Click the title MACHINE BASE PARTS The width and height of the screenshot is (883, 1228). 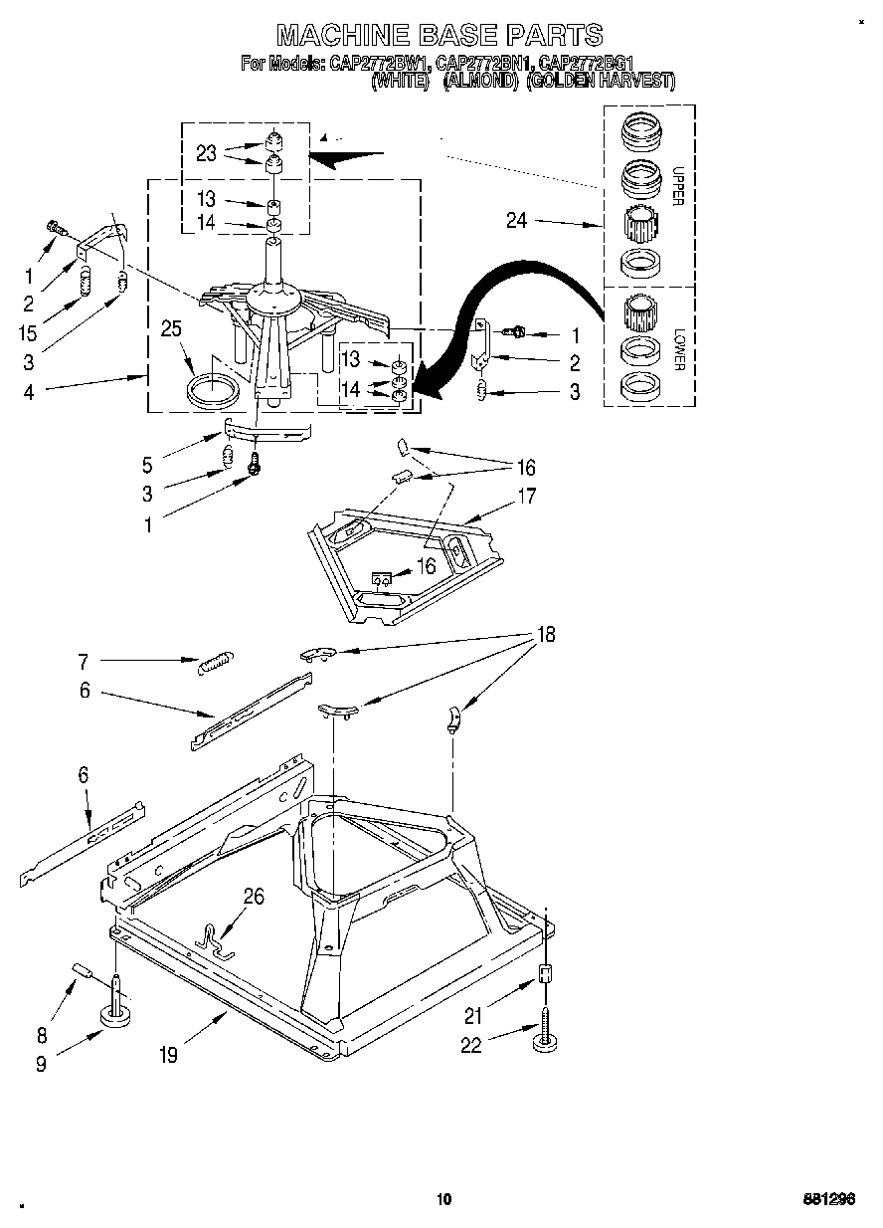439,35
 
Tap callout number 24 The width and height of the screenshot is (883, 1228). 516,221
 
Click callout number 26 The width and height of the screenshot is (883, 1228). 255,898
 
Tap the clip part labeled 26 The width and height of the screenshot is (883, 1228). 213,938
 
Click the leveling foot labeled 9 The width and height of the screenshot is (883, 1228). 118,1015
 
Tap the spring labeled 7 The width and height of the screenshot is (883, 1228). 216,662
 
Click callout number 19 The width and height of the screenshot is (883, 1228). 168,1056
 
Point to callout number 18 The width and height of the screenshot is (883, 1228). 545,634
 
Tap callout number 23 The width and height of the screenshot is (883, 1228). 206,153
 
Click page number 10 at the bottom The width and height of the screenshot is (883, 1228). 443,1198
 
